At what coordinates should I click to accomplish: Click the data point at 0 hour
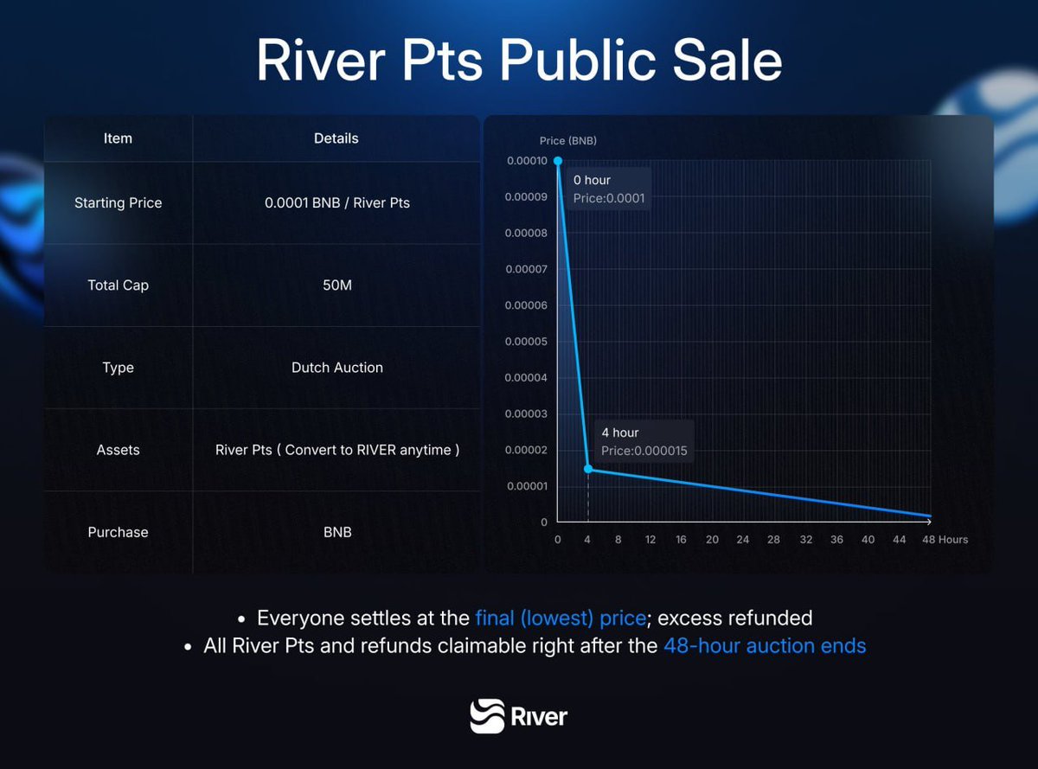557,161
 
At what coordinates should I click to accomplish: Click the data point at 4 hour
588,469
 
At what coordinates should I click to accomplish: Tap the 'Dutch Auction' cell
336,368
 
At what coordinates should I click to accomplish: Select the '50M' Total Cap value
336,285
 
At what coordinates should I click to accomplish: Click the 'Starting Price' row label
118,202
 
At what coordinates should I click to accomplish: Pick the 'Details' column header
336,138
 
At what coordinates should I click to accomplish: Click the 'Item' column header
118,138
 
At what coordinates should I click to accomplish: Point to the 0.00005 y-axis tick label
526,342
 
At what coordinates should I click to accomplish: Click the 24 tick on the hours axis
742,540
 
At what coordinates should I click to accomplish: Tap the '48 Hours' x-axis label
945,540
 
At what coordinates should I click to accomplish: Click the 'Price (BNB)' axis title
567,140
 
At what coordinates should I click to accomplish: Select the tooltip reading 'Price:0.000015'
644,451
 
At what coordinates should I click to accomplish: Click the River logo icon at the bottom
486,716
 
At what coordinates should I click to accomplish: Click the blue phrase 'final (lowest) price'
561,618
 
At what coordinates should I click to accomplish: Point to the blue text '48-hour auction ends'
765,645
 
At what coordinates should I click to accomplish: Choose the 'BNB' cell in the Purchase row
336,532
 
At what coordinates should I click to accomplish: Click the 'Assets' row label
118,450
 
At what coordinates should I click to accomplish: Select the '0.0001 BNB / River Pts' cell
336,202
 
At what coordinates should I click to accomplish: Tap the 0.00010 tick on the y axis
526,161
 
